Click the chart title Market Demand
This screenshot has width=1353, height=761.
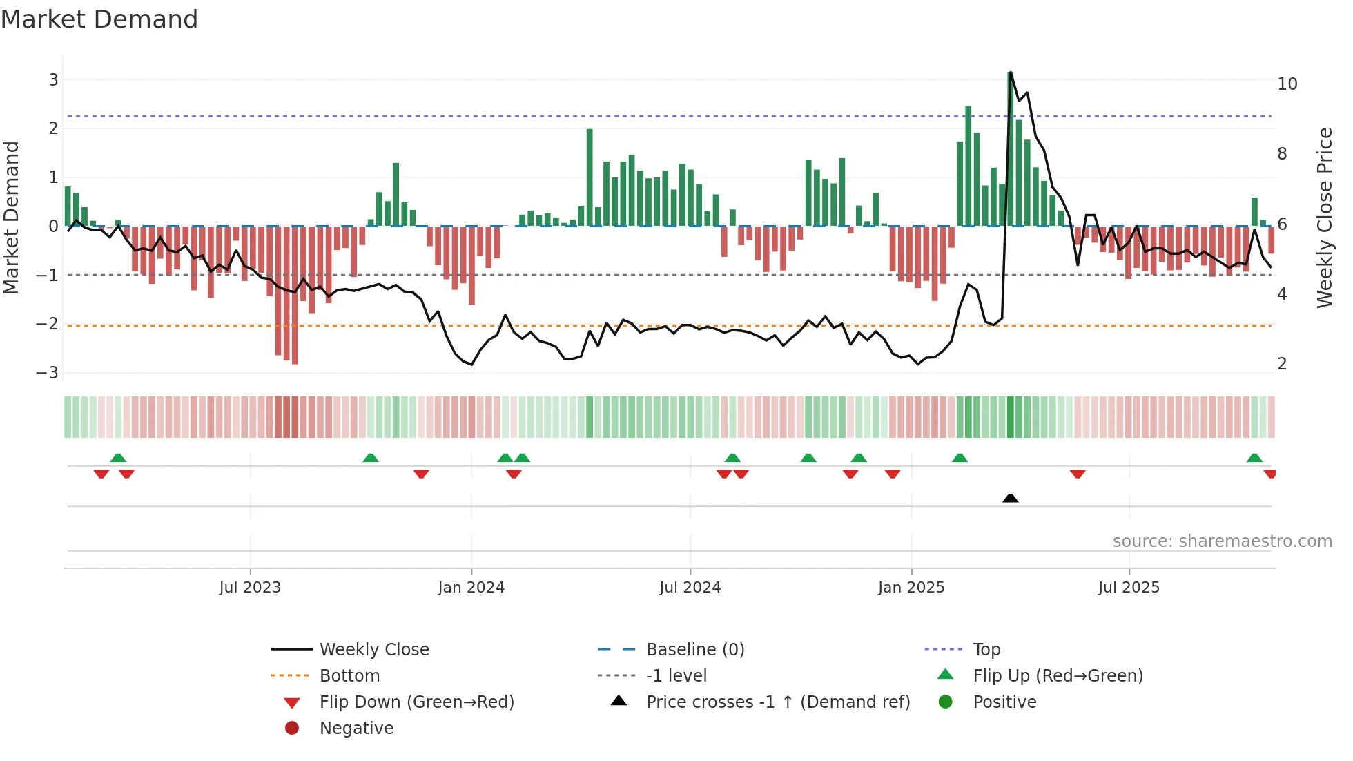point(99,19)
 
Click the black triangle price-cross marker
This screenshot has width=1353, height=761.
point(1010,498)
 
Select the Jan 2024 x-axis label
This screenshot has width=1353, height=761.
point(471,588)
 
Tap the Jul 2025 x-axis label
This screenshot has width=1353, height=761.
point(1129,588)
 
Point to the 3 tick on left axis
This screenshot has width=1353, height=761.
point(53,79)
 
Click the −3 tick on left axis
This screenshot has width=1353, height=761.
point(48,373)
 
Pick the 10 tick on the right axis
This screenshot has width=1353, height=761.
point(1287,84)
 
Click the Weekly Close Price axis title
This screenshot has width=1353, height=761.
point(1324,218)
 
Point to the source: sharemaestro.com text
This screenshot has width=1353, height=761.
point(1222,541)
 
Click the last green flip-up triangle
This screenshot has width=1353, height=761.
point(1254,458)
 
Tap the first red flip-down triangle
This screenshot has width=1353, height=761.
point(101,474)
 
